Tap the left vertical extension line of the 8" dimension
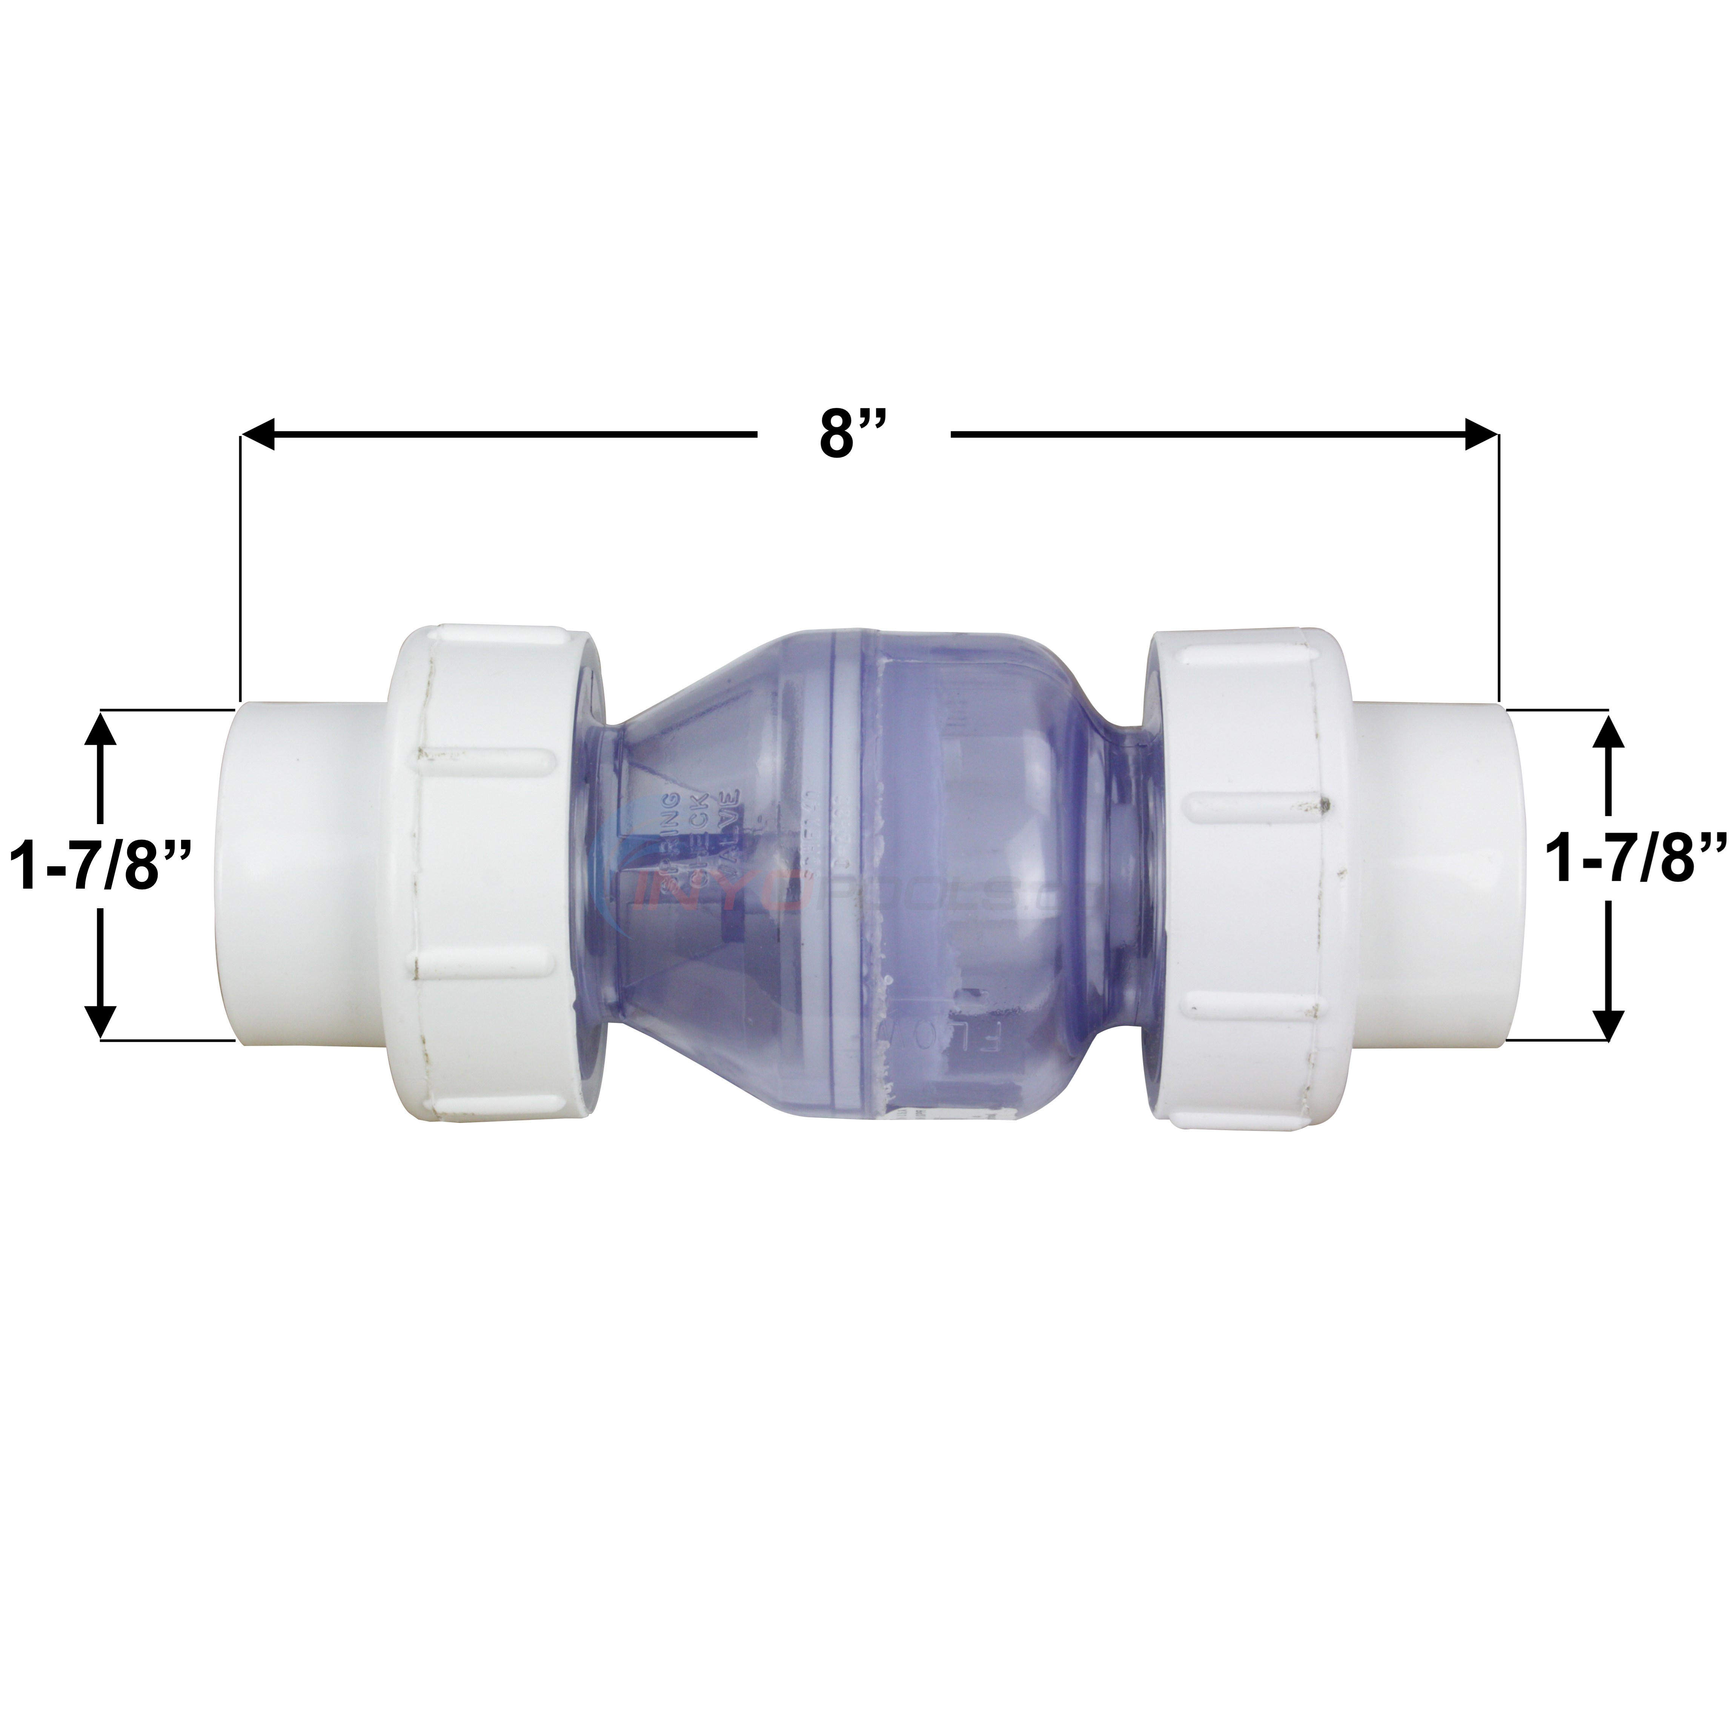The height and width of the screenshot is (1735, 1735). [241, 575]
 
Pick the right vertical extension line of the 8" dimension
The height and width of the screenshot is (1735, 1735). [1498, 575]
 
